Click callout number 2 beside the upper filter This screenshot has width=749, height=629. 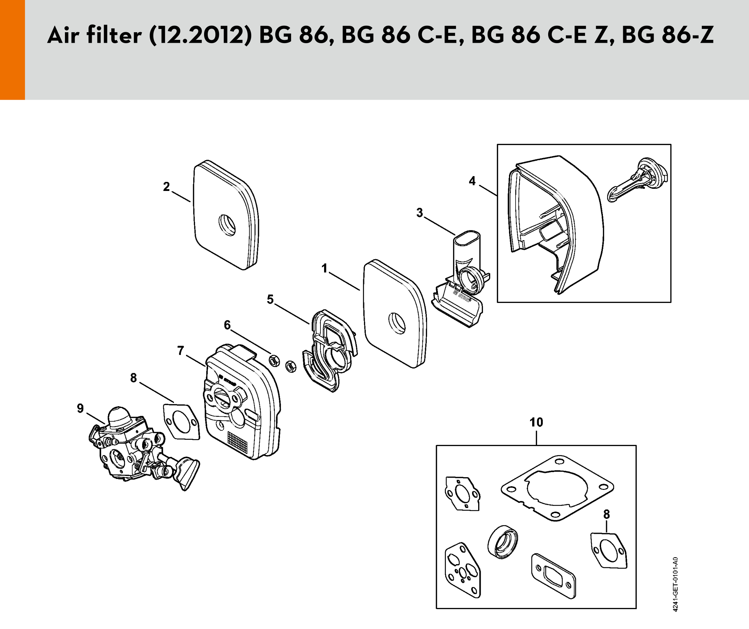(x=166, y=187)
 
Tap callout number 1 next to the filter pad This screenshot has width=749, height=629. (x=324, y=268)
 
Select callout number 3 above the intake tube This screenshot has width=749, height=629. (x=419, y=213)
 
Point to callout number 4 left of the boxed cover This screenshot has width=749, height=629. (x=472, y=181)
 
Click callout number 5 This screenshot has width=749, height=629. (x=270, y=299)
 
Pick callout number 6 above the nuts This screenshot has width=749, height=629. (x=227, y=325)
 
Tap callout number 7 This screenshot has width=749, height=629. (x=181, y=350)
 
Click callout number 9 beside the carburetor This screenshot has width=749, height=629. (x=80, y=408)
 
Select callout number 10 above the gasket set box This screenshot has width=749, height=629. (x=536, y=422)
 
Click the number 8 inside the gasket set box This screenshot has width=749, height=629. (x=607, y=514)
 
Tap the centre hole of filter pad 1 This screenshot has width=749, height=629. (x=397, y=323)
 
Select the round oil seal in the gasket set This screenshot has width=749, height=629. (x=502, y=542)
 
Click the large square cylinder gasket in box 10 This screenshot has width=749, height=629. (x=557, y=488)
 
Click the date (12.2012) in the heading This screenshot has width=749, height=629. (x=201, y=36)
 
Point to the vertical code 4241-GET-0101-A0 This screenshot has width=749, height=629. (x=675, y=584)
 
